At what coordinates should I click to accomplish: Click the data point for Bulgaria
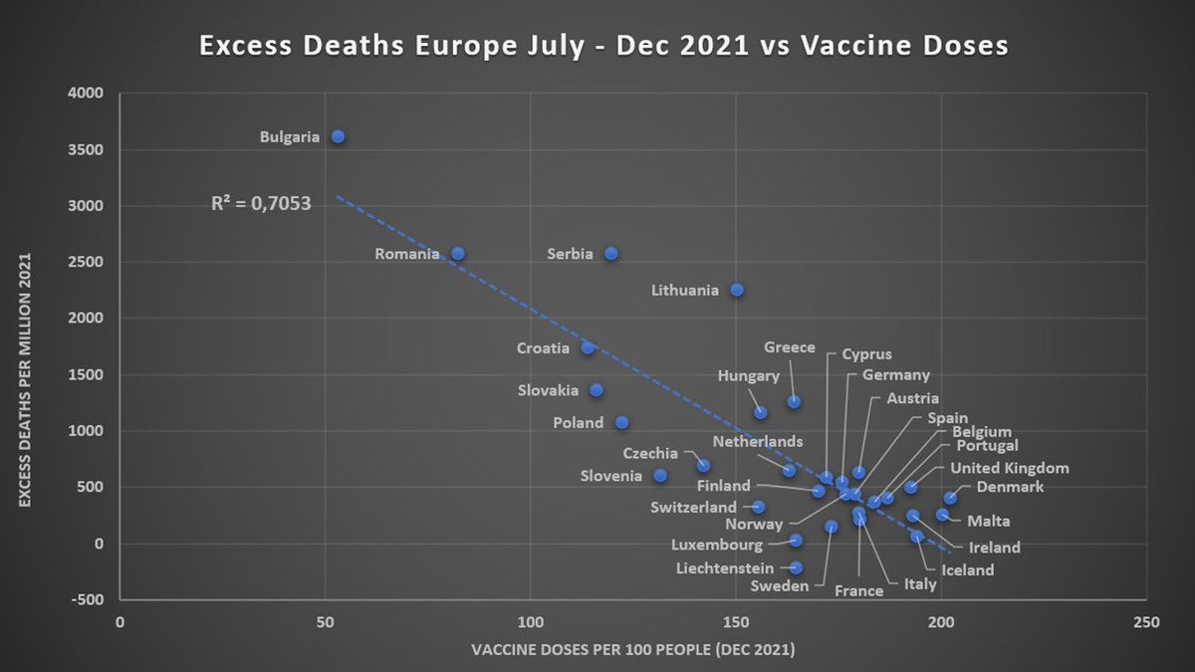(338, 136)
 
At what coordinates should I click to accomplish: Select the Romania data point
(458, 254)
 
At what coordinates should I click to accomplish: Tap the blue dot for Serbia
(611, 254)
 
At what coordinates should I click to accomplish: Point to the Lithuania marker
(737, 290)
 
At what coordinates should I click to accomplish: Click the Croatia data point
(588, 347)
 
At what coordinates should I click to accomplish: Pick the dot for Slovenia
(660, 476)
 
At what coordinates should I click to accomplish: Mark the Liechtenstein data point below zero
(796, 567)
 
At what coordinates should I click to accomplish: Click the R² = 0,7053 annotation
(261, 204)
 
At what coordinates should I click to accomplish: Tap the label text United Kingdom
(1009, 468)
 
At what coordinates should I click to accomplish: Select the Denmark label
(1010, 487)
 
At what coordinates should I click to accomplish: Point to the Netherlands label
(757, 441)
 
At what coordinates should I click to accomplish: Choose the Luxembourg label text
(717, 545)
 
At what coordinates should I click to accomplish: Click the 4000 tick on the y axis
(87, 94)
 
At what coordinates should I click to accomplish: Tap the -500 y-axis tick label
(86, 599)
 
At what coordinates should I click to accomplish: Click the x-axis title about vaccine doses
(632, 650)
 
